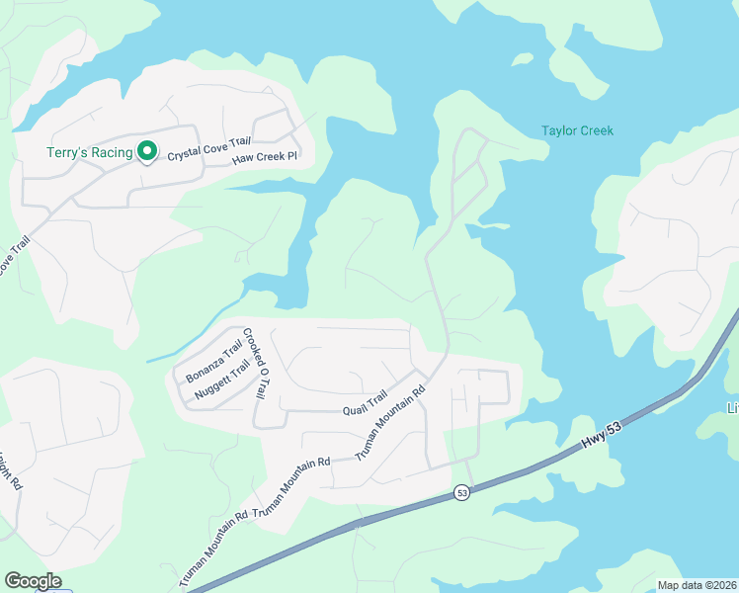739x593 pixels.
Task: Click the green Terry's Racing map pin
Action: [x=147, y=151]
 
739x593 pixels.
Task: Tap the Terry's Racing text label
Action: [x=89, y=152]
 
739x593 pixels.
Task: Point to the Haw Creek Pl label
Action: [x=265, y=159]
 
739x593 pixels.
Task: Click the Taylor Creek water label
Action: [x=577, y=130]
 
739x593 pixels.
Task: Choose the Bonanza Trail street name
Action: [x=212, y=362]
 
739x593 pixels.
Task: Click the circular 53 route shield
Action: [x=461, y=492]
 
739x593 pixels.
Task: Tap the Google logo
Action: [x=33, y=581]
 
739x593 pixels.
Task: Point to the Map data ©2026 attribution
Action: [x=696, y=585]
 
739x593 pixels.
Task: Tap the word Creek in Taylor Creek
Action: [x=596, y=130]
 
